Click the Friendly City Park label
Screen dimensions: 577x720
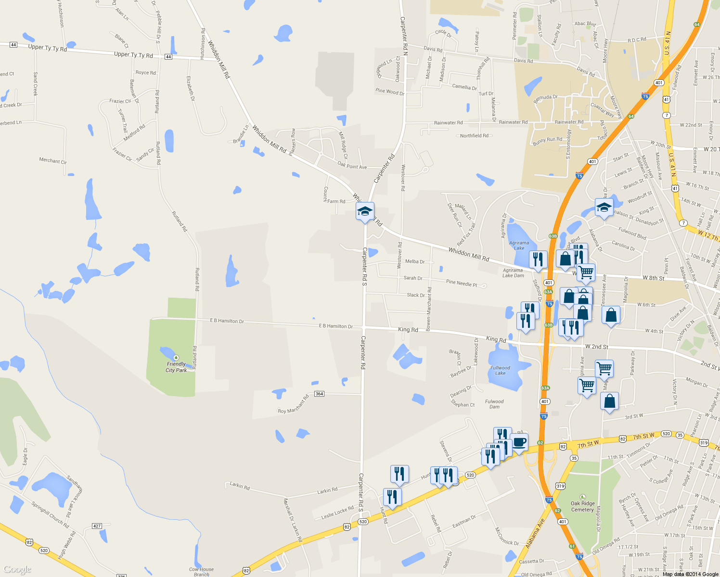176,367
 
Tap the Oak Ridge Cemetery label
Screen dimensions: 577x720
582,507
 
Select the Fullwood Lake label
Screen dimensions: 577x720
501,370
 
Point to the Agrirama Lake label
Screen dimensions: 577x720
519,246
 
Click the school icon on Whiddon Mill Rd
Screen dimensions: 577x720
365,211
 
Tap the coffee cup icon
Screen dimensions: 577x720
519,442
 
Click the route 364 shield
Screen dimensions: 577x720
319,394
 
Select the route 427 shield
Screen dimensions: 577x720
97,526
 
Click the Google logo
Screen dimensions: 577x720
17,569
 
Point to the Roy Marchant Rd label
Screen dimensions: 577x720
294,405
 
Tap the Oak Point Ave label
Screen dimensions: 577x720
352,166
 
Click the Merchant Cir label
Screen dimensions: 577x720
53,161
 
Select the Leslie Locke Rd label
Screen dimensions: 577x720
337,513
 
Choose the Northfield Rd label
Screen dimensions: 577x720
474,136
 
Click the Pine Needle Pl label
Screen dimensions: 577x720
462,283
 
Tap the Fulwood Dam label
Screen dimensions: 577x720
494,404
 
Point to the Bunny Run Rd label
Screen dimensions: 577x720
547,141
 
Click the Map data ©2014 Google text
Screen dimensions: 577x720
690,574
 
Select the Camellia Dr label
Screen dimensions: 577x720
464,87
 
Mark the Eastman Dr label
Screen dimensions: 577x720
464,521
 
